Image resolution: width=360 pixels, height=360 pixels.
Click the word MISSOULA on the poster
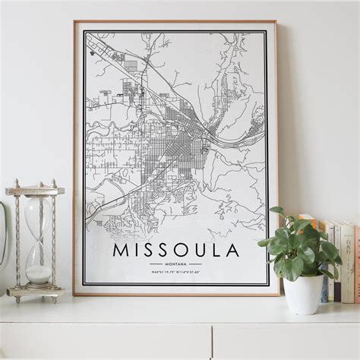pos(176,250)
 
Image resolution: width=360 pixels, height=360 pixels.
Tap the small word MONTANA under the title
pos(176,264)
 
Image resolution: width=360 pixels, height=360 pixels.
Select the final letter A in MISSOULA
pos(232,250)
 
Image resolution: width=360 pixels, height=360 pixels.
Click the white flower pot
pos(302,294)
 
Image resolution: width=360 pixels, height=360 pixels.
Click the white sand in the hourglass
pos(38,274)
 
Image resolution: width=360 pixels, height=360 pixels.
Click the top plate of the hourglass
pos(35,191)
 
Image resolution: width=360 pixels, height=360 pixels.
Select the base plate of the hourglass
pos(36,292)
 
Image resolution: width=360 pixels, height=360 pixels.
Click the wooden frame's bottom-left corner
pos(74,293)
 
